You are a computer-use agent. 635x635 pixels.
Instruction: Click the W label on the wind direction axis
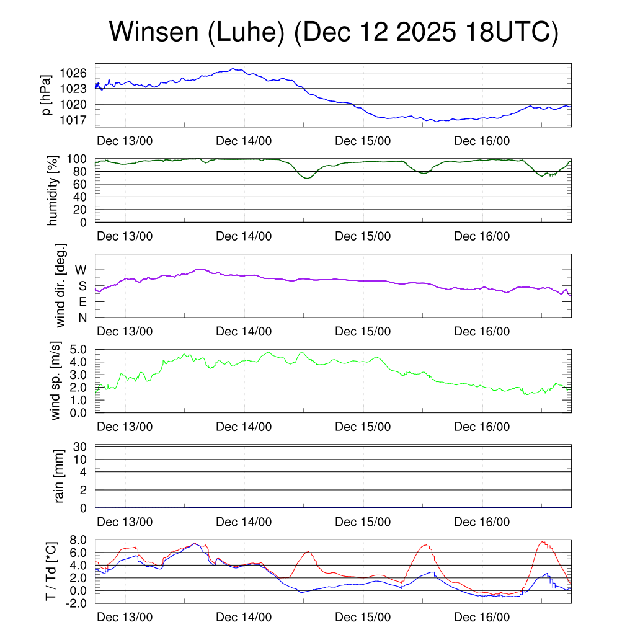pyautogui.click(x=81, y=270)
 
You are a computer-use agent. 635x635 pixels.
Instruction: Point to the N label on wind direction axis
pyautogui.click(x=82, y=317)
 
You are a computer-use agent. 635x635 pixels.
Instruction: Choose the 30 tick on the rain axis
pyautogui.click(x=86, y=446)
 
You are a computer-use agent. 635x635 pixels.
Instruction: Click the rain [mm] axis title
pyautogui.click(x=60, y=476)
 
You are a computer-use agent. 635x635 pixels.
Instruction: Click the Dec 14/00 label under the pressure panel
pyautogui.click(x=244, y=141)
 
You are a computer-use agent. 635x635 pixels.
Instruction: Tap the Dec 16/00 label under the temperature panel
pyautogui.click(x=482, y=618)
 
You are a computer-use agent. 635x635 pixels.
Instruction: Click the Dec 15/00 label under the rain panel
pyautogui.click(x=363, y=522)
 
